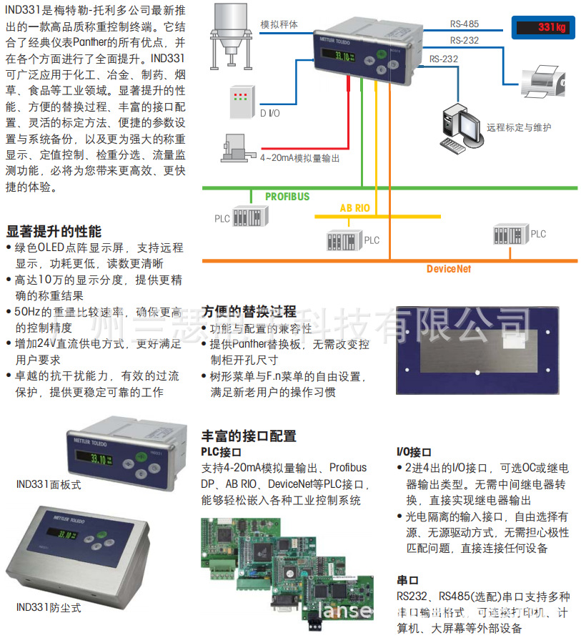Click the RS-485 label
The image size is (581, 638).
click(465, 24)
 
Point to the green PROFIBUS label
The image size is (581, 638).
click(287, 195)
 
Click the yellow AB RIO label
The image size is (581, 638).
click(354, 208)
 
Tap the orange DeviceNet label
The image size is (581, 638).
click(449, 269)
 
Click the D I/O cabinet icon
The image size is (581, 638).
click(241, 102)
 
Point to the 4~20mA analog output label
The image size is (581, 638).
click(299, 157)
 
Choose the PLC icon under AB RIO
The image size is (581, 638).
click(345, 239)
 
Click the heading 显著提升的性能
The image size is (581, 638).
click(54, 232)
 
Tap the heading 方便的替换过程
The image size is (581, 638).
click(249, 312)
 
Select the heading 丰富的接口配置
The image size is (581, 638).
click(249, 436)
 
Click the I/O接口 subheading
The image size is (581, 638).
click(414, 452)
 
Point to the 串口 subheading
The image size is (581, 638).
click(407, 580)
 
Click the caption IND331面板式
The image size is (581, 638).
click(49, 484)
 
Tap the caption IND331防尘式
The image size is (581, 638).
click(49, 608)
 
